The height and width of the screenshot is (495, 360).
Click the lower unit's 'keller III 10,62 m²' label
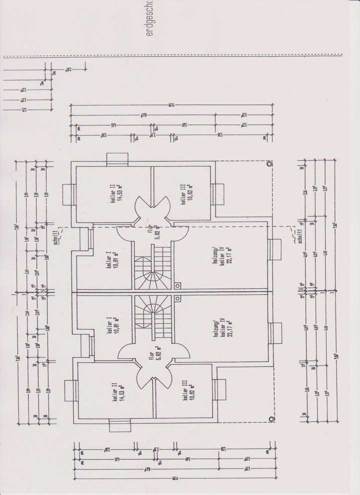187,389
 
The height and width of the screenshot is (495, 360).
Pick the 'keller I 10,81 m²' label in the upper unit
111,260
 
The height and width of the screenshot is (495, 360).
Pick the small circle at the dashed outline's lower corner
271,418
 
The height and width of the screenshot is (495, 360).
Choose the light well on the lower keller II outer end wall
119,424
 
